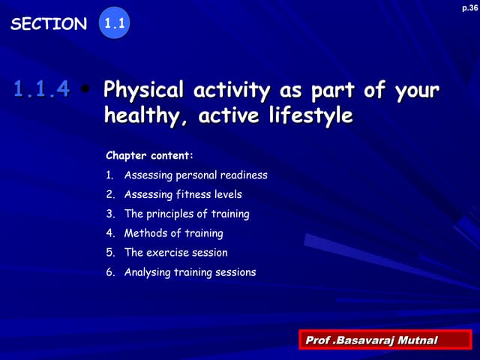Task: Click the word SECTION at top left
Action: coord(49,24)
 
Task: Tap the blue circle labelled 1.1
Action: coord(114,24)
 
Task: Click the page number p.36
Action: coord(469,7)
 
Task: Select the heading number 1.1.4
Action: coord(42,91)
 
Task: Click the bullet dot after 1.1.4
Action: coord(87,91)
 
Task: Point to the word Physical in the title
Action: coord(144,91)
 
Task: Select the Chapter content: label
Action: coord(150,156)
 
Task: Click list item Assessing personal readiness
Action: coord(196,175)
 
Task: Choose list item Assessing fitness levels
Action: coord(183,195)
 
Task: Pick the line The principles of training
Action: coord(187,214)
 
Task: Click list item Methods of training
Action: coord(173,234)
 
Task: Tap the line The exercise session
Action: coord(175,253)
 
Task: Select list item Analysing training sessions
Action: coord(190,272)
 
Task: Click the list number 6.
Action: coord(109,272)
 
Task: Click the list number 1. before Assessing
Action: coord(109,175)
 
